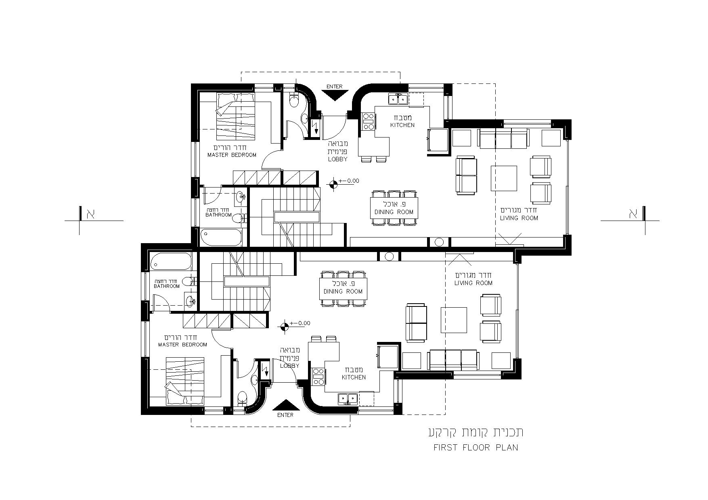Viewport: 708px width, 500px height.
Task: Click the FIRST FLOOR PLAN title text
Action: (476, 447)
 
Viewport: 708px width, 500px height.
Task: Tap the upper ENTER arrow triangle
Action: (335, 95)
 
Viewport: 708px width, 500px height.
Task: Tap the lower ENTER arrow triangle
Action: (286, 405)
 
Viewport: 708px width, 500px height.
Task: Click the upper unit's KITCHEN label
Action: (402, 125)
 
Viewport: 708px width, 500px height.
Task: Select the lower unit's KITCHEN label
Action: (354, 377)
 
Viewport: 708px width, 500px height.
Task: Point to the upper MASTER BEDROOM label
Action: (232, 155)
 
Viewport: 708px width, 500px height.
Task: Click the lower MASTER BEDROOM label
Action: (182, 345)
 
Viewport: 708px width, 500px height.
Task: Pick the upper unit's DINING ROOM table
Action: (394, 208)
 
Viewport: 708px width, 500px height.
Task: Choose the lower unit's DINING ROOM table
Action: (343, 288)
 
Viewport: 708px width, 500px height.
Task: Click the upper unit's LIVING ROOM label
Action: (519, 218)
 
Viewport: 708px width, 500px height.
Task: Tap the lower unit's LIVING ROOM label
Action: (473, 283)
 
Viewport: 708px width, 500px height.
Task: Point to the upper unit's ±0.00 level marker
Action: (333, 185)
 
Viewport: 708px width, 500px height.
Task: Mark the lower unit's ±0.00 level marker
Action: (285, 327)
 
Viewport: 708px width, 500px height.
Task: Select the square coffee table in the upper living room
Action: (504, 178)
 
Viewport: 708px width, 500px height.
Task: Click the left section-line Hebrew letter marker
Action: (90, 214)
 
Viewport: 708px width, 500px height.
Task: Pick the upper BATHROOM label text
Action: (219, 215)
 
